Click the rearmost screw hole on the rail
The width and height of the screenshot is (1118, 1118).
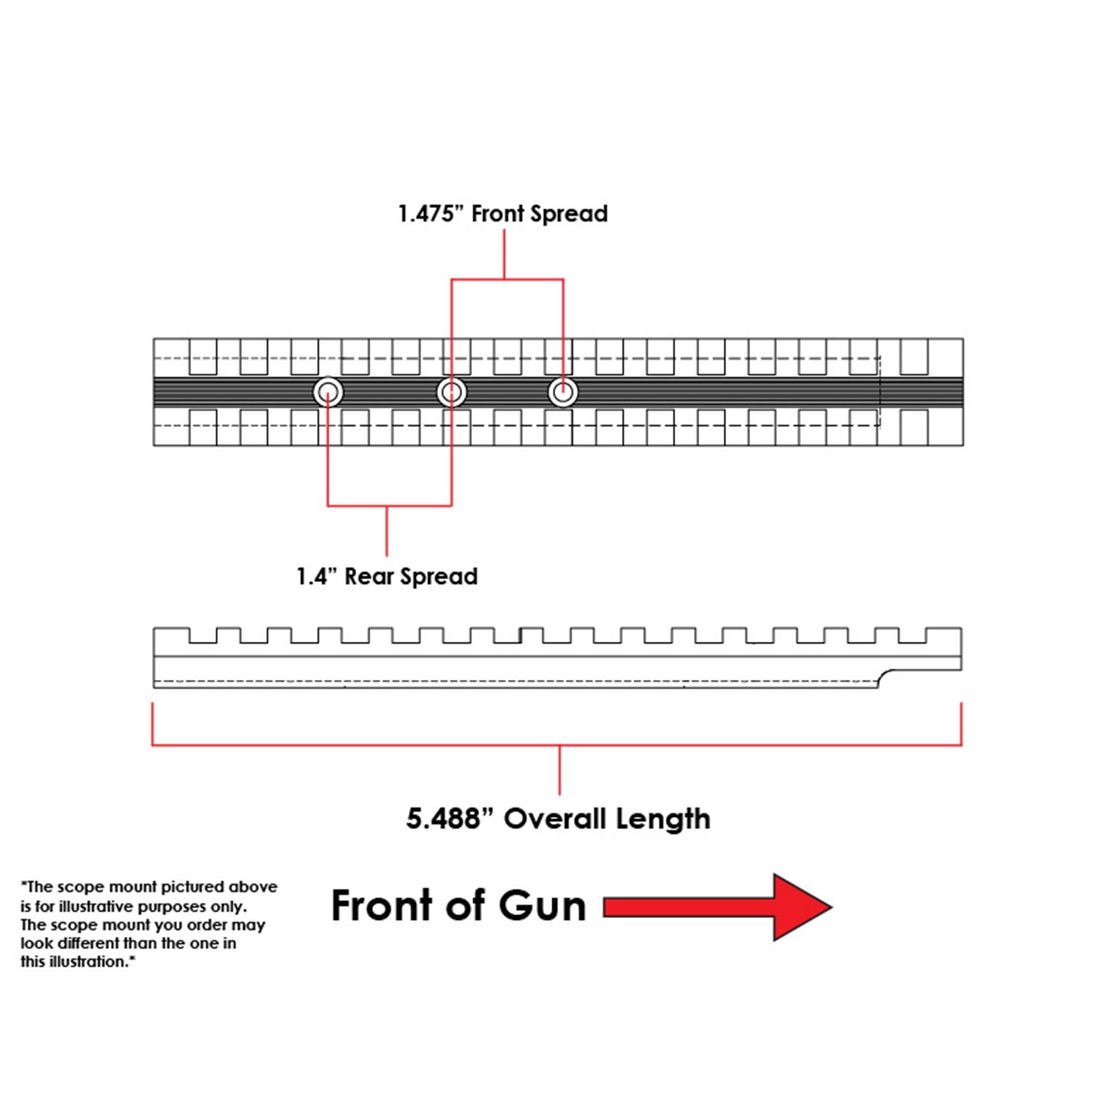328,392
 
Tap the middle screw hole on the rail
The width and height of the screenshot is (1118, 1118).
452,392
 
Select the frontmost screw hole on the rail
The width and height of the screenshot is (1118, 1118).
563,392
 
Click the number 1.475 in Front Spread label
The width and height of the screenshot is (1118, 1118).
426,215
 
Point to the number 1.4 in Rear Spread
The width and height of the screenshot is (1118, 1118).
312,577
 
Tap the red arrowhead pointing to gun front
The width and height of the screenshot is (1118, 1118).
801,907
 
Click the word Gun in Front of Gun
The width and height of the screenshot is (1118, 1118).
542,906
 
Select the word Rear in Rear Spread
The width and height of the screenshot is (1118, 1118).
368,577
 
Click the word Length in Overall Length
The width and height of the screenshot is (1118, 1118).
663,819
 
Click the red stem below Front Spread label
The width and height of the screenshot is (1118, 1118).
505,253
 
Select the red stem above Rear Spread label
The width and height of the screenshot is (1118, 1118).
387,531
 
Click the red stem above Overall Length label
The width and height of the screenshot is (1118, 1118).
559,769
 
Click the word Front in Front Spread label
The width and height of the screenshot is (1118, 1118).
498,215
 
